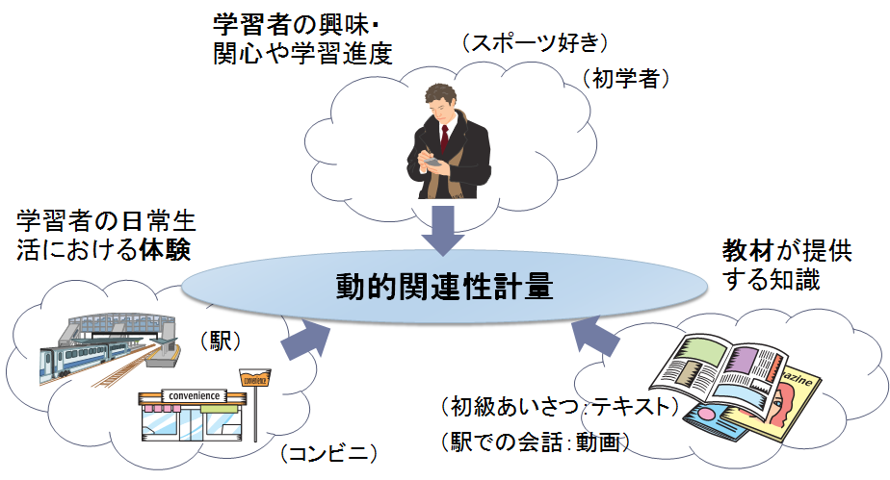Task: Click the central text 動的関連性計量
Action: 445,286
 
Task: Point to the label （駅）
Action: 222,341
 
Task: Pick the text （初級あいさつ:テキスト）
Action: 559,407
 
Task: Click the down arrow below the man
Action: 444,228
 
